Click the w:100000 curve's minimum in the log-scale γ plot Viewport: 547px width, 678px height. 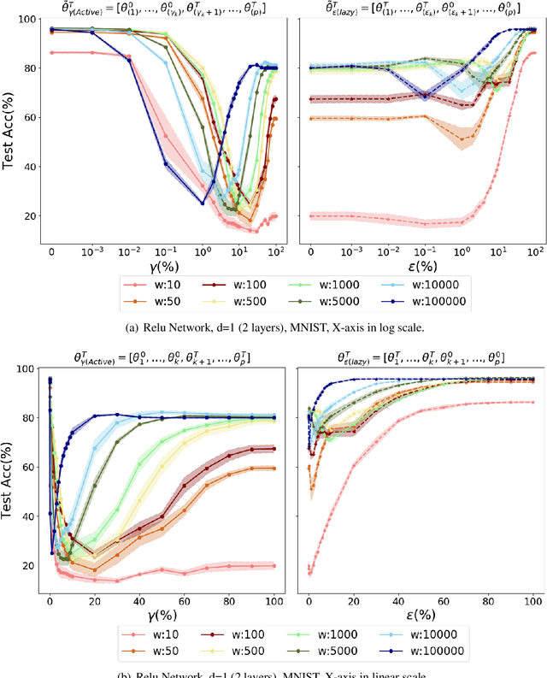tap(203, 203)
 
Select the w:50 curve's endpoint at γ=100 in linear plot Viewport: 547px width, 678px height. tap(273, 469)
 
